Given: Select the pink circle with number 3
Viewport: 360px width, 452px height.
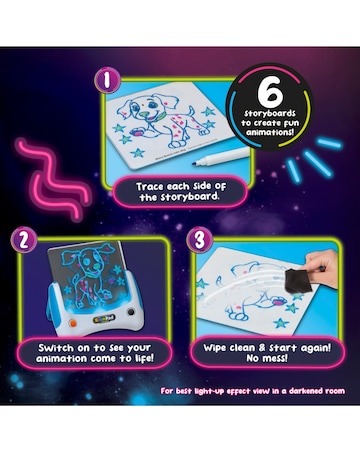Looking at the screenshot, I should point(197,241).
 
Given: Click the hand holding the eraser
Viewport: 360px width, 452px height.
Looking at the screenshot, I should point(330,265).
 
